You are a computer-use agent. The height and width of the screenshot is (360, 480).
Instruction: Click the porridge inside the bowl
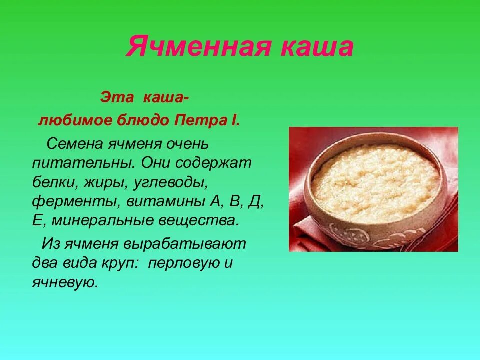pos(375,182)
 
